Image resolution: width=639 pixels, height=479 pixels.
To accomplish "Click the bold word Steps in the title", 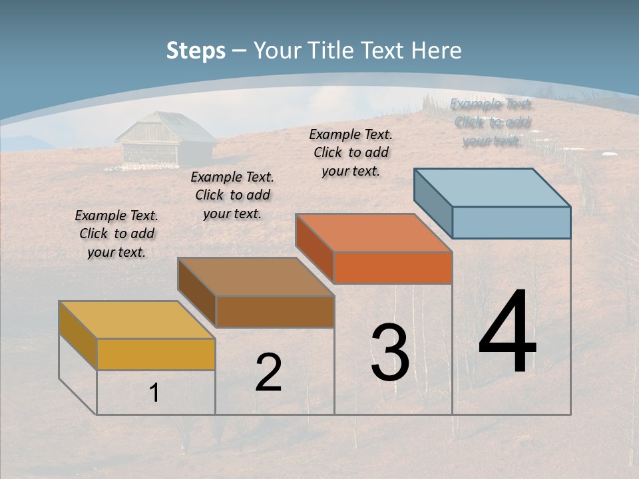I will [196, 51].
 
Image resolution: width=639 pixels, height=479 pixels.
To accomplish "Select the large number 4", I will [507, 332].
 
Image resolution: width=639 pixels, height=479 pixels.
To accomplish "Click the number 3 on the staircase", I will [390, 353].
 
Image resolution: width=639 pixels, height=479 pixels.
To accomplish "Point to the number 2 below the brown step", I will [268, 373].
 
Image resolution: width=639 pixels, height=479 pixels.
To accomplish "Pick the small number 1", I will [154, 393].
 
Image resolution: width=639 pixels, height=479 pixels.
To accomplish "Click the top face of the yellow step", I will [136, 319].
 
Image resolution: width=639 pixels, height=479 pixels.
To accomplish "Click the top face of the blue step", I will [492, 187].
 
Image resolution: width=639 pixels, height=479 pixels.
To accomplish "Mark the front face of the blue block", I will [511, 222].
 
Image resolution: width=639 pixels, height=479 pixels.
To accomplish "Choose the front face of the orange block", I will [393, 267].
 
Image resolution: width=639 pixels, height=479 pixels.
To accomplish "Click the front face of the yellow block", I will [156, 354].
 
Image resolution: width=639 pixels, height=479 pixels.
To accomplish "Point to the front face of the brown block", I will [275, 311].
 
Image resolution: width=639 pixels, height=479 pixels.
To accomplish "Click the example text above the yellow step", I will [116, 234].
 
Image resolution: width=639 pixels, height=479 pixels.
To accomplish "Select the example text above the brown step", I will [232, 196].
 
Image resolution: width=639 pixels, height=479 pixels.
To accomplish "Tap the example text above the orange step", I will [351, 152].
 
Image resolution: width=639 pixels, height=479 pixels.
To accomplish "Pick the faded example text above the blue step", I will [492, 122].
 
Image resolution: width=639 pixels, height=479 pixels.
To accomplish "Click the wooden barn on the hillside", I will [165, 142].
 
